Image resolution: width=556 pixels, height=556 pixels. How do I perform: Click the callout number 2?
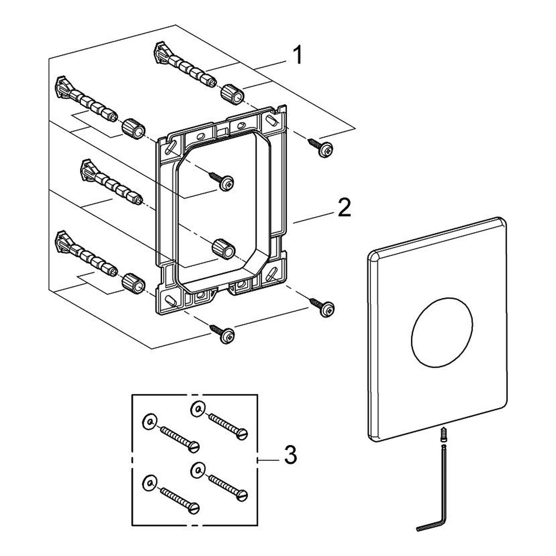click(x=344, y=207)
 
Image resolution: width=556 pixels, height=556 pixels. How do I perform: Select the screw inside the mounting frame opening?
click(x=222, y=180)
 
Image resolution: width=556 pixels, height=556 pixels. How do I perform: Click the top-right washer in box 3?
click(x=198, y=409)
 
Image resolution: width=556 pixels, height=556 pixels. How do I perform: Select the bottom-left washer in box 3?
click(x=150, y=482)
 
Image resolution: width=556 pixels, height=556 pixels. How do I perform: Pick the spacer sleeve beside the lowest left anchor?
click(x=133, y=282)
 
